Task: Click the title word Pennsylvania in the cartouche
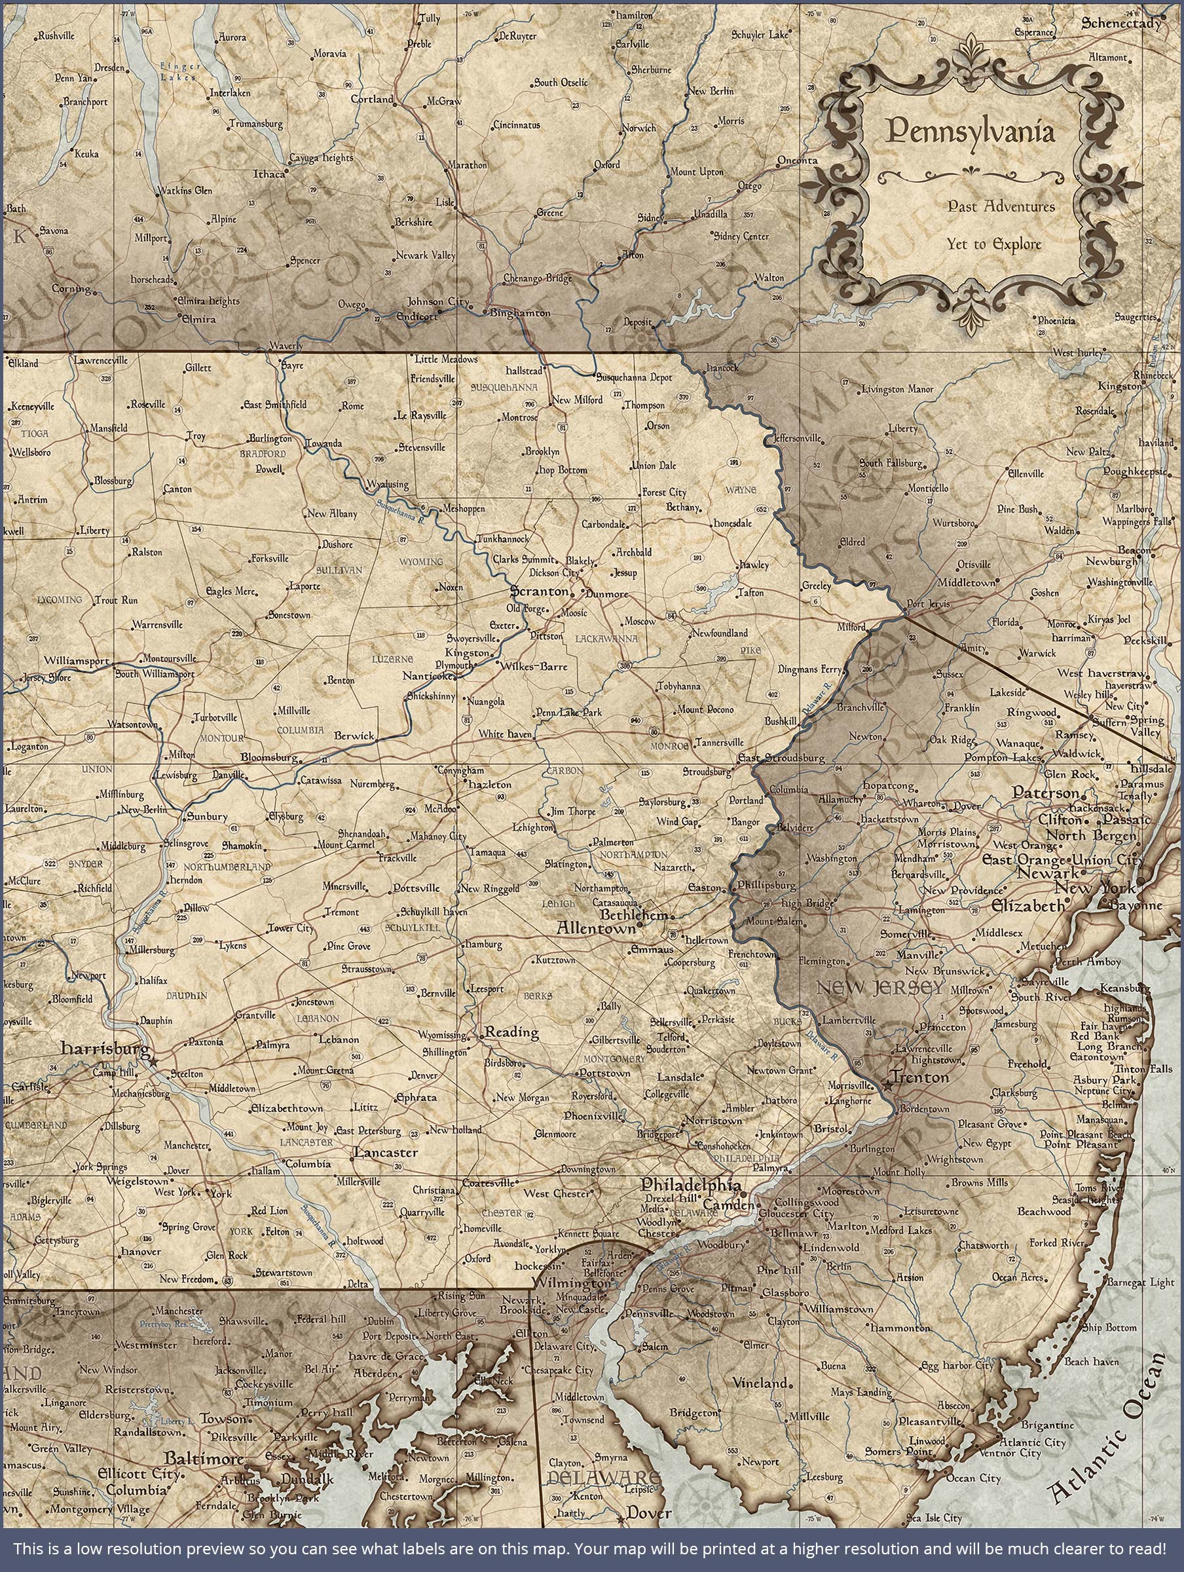coord(970,132)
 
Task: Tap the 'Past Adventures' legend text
coord(1001,206)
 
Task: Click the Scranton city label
coord(540,591)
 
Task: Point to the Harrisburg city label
coord(105,1047)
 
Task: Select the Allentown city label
coord(595,928)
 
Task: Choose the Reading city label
coord(511,1032)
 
